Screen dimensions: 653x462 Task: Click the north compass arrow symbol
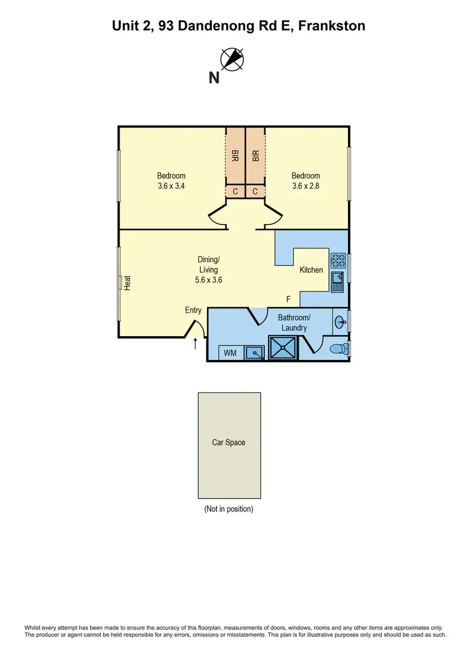[233, 59]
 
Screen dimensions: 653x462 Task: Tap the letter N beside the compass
[214, 78]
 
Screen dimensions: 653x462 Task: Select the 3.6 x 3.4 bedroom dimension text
[171, 185]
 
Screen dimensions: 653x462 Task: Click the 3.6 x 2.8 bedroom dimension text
[306, 185]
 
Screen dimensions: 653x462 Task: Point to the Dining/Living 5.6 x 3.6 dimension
[208, 279]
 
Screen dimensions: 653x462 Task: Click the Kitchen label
[311, 270]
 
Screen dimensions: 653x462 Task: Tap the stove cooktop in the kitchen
[338, 260]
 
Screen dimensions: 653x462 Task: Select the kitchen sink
[338, 282]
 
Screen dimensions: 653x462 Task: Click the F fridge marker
[288, 300]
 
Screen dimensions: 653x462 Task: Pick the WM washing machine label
[230, 353]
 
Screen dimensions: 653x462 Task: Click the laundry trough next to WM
[254, 353]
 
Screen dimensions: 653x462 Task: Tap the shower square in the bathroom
[283, 348]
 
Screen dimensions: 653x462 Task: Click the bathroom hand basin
[341, 321]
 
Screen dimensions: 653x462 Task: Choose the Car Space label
[229, 443]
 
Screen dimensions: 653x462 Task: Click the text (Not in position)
[229, 509]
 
